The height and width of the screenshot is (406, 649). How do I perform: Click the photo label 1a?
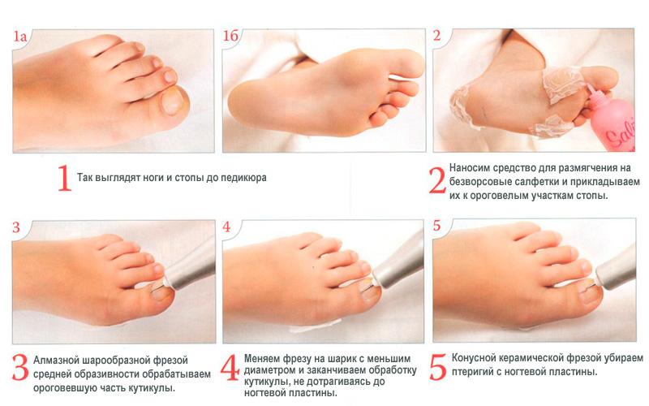point(19,37)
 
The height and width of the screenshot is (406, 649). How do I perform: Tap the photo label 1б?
point(231,36)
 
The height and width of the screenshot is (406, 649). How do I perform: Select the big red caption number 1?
point(65,178)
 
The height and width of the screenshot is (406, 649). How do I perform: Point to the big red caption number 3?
point(20,367)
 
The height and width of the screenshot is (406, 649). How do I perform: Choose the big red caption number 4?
point(230,368)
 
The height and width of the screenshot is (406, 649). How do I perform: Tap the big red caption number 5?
point(438,367)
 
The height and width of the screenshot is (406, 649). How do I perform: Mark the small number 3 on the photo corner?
point(16,227)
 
